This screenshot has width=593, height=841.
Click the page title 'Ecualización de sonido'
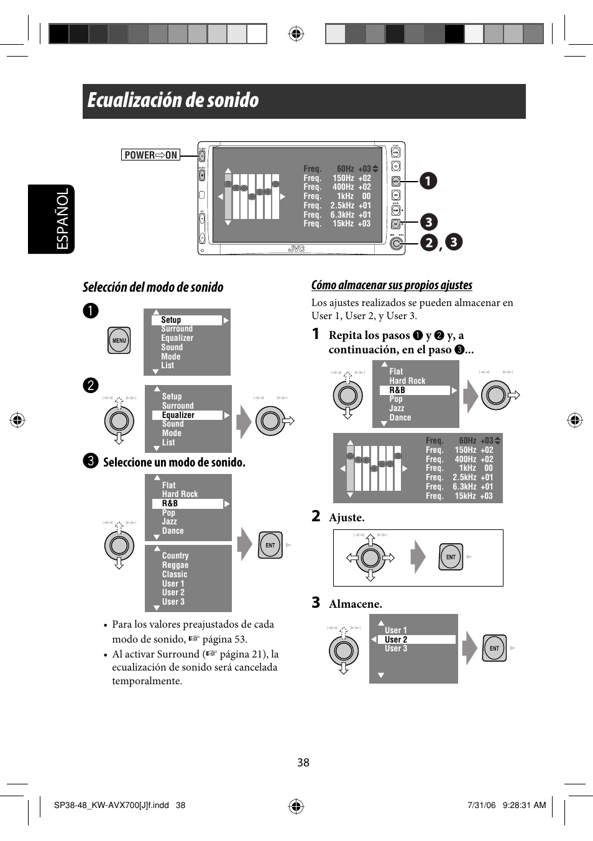pyautogui.click(x=173, y=101)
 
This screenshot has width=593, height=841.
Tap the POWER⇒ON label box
pyautogui.click(x=150, y=155)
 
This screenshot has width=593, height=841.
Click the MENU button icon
pyautogui.click(x=119, y=340)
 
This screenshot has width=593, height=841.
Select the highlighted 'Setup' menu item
pyautogui.click(x=187, y=320)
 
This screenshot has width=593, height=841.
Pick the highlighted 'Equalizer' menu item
pyautogui.click(x=187, y=415)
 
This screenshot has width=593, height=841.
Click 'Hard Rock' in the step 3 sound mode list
pyautogui.click(x=180, y=494)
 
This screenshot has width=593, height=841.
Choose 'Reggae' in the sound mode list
pyautogui.click(x=175, y=565)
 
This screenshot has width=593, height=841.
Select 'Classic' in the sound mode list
pyautogui.click(x=174, y=574)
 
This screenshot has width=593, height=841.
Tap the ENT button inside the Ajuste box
pyautogui.click(x=451, y=557)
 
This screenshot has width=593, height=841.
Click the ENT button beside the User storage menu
pyautogui.click(x=495, y=648)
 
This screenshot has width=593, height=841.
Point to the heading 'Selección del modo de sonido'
pyautogui.click(x=153, y=287)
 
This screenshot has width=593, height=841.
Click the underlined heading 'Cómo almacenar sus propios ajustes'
pyautogui.click(x=392, y=285)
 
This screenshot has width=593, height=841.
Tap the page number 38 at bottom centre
pyautogui.click(x=303, y=763)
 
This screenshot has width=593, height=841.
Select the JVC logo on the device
pyautogui.click(x=296, y=249)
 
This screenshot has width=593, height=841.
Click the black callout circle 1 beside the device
pyautogui.click(x=428, y=181)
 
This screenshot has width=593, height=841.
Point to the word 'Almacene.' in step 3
pyautogui.click(x=355, y=604)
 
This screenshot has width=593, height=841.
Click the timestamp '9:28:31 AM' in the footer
pyautogui.click(x=523, y=805)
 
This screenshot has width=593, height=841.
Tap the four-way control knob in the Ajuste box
pyautogui.click(x=370, y=557)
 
